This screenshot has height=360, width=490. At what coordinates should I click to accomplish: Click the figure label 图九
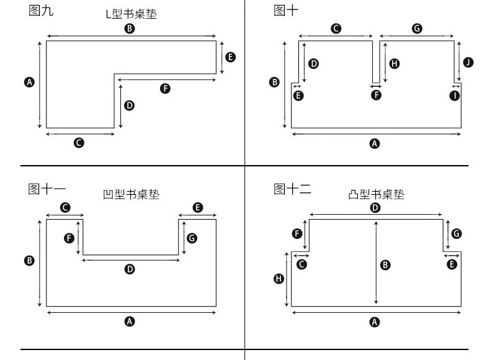click(x=41, y=11)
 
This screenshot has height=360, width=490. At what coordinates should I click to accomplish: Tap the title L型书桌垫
click(x=131, y=14)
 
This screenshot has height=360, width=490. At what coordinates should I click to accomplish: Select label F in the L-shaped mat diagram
click(x=165, y=89)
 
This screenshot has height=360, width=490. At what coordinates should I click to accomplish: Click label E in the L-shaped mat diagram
click(x=230, y=57)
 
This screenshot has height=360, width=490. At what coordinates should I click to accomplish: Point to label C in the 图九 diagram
click(x=79, y=143)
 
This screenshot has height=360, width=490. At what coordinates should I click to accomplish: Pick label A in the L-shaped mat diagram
click(x=29, y=82)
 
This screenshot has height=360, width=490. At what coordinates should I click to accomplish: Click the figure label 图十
click(x=286, y=11)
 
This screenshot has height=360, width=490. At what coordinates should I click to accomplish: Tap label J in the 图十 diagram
click(x=468, y=62)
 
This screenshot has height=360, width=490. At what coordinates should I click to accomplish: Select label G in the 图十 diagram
click(x=417, y=29)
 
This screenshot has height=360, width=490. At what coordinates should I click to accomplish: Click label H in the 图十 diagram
click(x=394, y=63)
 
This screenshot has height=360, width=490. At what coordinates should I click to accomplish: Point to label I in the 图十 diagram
click(x=455, y=95)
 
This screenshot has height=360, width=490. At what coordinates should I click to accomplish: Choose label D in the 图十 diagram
click(x=314, y=63)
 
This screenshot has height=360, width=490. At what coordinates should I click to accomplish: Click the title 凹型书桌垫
click(x=131, y=194)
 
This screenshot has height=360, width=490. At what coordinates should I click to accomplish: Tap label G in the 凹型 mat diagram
click(x=192, y=238)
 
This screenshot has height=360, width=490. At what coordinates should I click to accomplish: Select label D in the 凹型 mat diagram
click(x=130, y=269)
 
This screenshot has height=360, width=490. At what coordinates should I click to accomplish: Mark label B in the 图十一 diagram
click(x=29, y=261)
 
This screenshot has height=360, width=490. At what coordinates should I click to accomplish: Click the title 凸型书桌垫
click(x=376, y=194)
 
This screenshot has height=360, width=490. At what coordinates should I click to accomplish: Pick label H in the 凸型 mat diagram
click(x=278, y=279)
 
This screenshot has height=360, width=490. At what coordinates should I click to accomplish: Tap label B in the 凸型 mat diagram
click(x=385, y=265)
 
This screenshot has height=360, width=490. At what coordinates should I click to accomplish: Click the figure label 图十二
click(x=292, y=189)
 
